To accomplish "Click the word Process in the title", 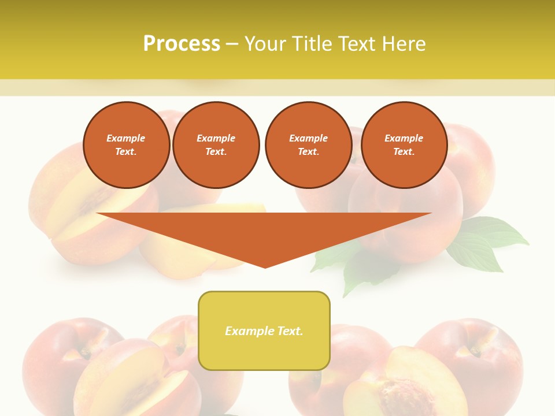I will click(x=182, y=44).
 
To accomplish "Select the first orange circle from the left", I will click(x=126, y=145).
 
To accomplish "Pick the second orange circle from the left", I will click(x=216, y=145).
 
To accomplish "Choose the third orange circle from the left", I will click(x=308, y=145).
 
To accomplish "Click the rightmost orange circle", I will click(x=404, y=145).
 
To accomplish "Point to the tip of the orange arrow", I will click(x=265, y=267).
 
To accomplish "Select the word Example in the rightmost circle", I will click(x=404, y=138).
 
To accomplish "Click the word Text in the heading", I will click(x=358, y=44).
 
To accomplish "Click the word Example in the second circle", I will click(x=216, y=138).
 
